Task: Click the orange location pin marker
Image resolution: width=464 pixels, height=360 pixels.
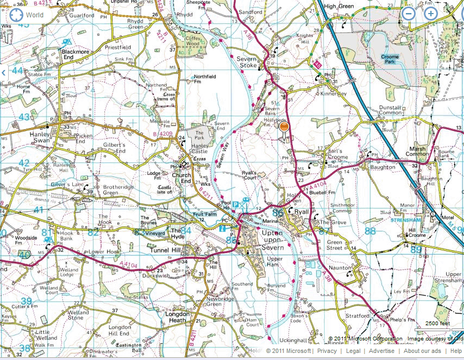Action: tap(283, 127)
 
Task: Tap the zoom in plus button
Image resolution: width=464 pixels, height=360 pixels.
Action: tap(430, 14)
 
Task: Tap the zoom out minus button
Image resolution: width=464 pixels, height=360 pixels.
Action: tap(409, 14)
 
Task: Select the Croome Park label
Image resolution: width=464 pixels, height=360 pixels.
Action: tap(390, 59)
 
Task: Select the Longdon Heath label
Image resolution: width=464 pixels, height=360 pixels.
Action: tap(177, 317)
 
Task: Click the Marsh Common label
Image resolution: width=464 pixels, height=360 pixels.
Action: tap(418, 150)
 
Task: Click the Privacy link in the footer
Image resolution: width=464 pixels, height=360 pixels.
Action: tap(327, 351)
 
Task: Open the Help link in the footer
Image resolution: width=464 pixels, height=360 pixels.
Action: tap(456, 351)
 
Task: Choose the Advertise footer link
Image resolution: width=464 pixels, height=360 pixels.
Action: tap(382, 351)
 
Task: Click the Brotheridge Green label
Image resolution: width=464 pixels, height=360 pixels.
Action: tap(111, 189)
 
